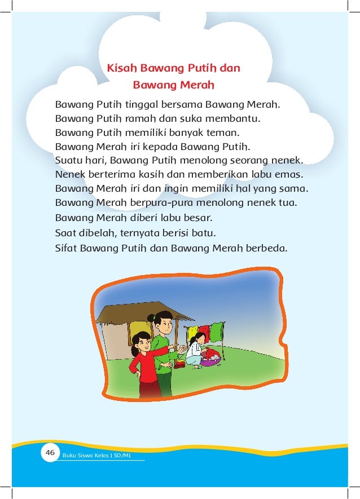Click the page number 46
(50, 452)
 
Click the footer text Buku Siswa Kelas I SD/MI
(96, 455)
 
